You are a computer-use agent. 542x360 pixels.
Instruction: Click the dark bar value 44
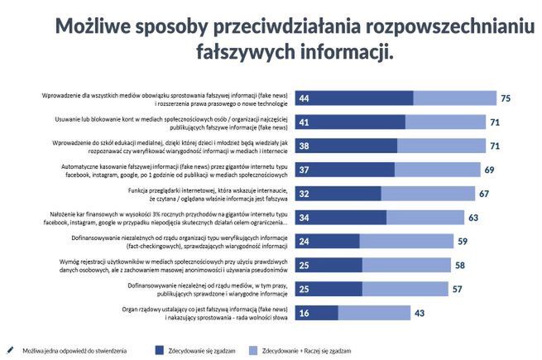pos(305,98)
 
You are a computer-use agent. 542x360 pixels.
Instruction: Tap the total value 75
pos(506,98)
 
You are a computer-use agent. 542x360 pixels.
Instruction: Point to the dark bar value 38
pos(305,146)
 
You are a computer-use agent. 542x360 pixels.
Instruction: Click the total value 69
pos(489,170)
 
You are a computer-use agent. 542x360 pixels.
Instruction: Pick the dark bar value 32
pos(305,194)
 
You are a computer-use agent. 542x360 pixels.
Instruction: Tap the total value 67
pos(484,194)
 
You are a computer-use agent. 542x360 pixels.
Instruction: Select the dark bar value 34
pos(305,218)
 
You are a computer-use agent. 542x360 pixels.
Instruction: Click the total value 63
pos(473,218)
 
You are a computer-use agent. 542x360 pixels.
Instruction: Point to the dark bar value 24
pos(305,242)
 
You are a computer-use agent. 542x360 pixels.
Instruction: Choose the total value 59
pos(463,242)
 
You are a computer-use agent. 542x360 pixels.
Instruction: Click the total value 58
pos(460,266)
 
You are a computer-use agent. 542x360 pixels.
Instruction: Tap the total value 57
pos(458,289)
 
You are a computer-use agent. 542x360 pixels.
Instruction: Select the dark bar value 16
pos(305,313)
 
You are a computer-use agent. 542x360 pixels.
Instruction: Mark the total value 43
pos(420,313)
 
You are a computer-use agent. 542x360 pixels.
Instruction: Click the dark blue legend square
pos(160,350)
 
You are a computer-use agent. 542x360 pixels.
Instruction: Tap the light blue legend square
pos(249,350)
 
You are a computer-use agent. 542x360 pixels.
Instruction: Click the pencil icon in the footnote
pos(9,349)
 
